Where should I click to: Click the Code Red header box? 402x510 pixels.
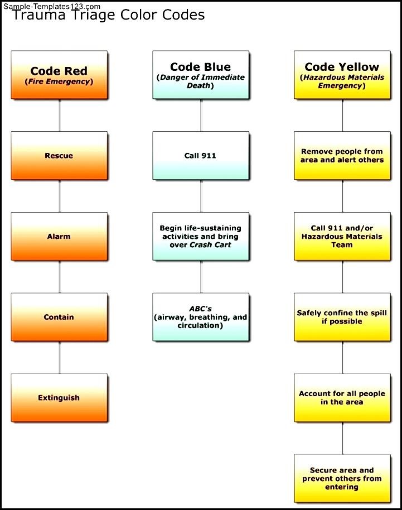(x=59, y=75)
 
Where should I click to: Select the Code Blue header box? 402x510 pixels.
(x=201, y=75)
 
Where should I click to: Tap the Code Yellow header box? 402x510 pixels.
(x=342, y=75)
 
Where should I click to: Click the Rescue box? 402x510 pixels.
(x=59, y=156)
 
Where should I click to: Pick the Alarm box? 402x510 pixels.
(x=59, y=237)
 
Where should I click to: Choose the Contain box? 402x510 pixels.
(x=59, y=317)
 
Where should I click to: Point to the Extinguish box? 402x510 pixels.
(x=59, y=398)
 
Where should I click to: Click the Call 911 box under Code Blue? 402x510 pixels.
(x=201, y=156)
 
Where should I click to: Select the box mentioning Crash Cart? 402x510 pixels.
(x=201, y=237)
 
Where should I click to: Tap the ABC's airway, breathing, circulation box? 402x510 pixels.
(x=201, y=317)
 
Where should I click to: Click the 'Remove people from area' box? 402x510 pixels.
(x=342, y=156)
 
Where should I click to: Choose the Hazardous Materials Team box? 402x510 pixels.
(x=342, y=237)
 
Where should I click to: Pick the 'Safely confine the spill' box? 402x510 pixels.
(x=342, y=317)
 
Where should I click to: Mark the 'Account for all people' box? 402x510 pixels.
(x=342, y=398)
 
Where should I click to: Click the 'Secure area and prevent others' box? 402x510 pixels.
(x=342, y=478)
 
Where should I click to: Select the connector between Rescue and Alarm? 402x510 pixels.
(x=59, y=196)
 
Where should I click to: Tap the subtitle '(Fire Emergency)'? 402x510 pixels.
(x=59, y=81)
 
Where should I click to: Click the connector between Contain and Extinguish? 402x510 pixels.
(x=59, y=358)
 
